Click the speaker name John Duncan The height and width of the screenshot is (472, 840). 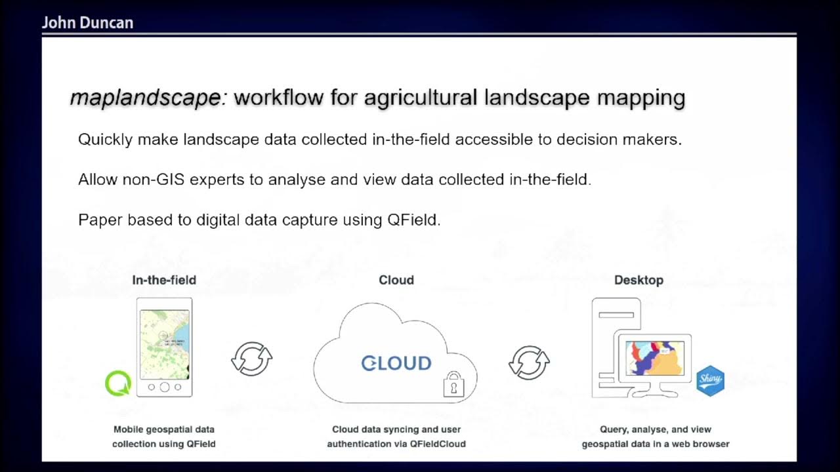pos(87,23)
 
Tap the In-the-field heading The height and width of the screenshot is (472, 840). pos(164,280)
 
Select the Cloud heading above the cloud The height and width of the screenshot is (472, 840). pos(396,280)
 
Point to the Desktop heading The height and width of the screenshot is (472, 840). pos(639,280)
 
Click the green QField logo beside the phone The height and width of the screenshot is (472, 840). pos(118,383)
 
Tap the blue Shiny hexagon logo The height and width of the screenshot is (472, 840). pos(710,381)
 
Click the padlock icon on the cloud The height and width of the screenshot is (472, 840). pos(453,385)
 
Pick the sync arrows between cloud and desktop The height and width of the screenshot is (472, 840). pos(529,363)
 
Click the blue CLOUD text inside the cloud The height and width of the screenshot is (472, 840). pos(396,363)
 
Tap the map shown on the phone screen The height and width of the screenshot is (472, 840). pos(165,344)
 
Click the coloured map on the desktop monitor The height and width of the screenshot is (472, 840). pos(655,357)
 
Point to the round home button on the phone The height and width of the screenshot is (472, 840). pos(165,387)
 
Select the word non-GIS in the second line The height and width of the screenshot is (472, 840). pos(154,180)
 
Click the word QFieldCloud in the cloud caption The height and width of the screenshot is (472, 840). pos(438,444)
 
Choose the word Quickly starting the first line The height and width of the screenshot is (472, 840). pos(105,140)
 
